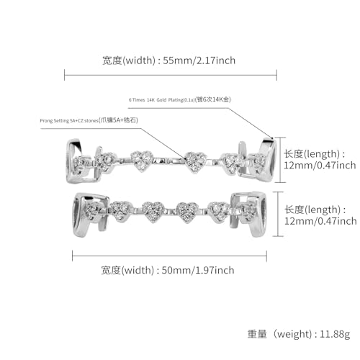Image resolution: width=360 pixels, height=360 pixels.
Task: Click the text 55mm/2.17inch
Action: (x=197, y=60)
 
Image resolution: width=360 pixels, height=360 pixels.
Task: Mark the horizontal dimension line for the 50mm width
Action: (x=173, y=253)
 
